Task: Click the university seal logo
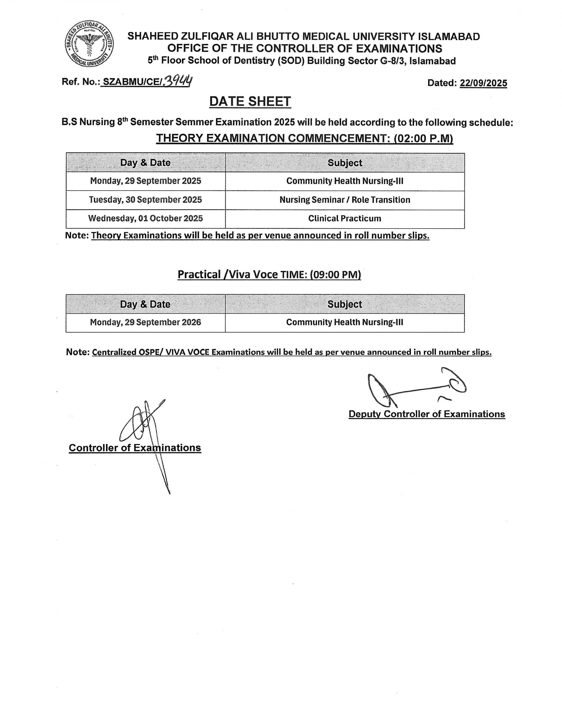[x=89, y=44]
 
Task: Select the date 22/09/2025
[x=483, y=83]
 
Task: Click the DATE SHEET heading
[x=250, y=101]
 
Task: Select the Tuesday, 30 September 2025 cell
[x=145, y=200]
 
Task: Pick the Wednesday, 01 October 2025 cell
[x=145, y=219]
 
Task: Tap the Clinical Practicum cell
[x=345, y=219]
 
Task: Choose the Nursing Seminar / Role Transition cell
[x=345, y=200]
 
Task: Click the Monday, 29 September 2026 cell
[x=145, y=322]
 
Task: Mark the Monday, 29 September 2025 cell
[x=145, y=181]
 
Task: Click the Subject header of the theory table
[x=345, y=163]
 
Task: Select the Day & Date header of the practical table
[x=145, y=304]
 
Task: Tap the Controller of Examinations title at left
[x=135, y=448]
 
